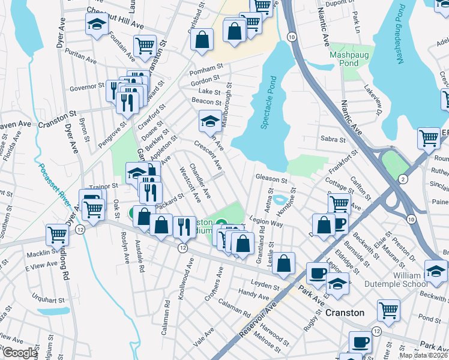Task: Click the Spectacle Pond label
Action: [268, 103]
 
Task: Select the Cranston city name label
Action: [345, 313]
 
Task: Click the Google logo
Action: [20, 353]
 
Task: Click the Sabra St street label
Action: [333, 139]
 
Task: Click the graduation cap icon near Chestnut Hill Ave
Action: [95, 25]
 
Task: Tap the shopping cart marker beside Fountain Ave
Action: [145, 45]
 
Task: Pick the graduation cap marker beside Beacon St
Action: [209, 121]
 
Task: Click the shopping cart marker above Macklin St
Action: [57, 234]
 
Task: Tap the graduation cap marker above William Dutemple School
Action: [436, 271]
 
